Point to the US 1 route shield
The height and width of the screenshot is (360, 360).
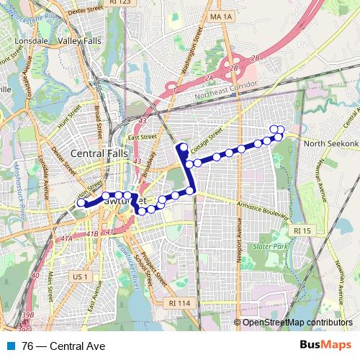click(x=79, y=276)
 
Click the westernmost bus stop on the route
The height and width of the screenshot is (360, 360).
click(x=81, y=204)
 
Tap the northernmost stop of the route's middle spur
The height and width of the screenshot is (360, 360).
click(x=183, y=148)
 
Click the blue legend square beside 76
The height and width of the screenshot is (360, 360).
click(x=12, y=346)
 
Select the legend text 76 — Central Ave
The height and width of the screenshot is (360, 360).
click(x=63, y=346)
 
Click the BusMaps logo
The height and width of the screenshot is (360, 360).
click(x=325, y=346)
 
